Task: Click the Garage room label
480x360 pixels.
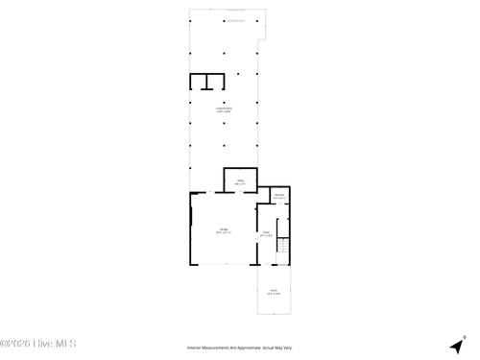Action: (223, 228)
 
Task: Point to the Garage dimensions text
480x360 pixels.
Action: (223, 232)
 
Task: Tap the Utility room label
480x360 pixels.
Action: (241, 180)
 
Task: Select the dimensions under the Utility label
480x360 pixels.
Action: (241, 183)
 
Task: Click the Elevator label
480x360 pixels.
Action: (278, 194)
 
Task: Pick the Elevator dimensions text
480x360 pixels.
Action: (278, 198)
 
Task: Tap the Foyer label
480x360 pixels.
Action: (266, 231)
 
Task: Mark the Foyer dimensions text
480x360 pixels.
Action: (266, 235)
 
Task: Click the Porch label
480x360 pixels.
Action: (274, 290)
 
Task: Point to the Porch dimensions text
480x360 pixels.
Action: (274, 294)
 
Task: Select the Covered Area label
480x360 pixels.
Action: (223, 108)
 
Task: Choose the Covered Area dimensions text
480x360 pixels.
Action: (223, 112)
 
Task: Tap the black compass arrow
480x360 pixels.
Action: (454, 346)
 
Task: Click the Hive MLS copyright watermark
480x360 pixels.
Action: (38, 343)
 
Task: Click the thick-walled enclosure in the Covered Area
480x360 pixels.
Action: (206, 81)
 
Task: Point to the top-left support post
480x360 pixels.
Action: (190, 20)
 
